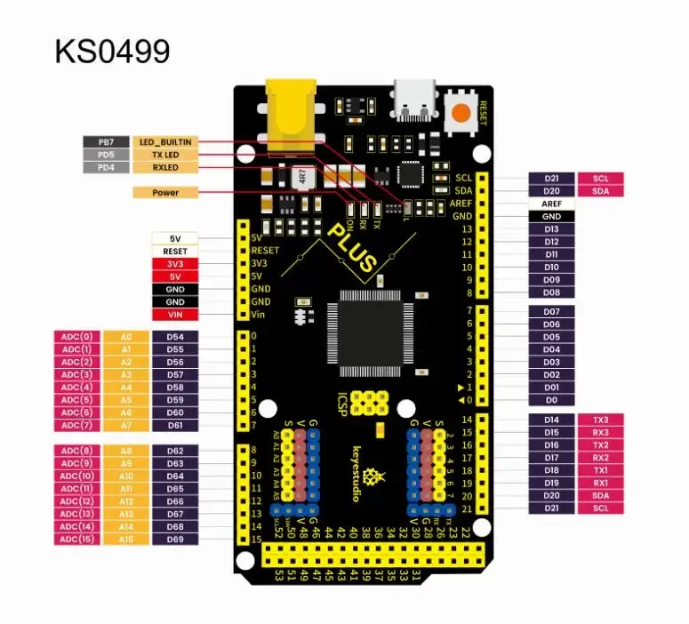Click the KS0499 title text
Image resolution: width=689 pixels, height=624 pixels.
pos(112,52)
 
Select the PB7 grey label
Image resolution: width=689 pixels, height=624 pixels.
pos(106,142)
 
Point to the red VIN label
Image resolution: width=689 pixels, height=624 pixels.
pos(175,315)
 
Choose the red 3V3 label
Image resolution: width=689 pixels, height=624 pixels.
pos(175,264)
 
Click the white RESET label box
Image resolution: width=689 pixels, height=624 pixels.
pos(175,252)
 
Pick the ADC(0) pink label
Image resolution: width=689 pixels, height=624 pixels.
pos(77,337)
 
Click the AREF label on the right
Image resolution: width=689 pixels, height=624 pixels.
pos(551,204)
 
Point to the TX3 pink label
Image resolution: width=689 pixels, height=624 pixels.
pos(601,420)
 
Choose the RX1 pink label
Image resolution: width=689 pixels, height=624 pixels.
pos(601,483)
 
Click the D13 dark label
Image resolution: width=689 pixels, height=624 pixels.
pos(551,229)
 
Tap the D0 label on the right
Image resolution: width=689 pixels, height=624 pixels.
pos(551,400)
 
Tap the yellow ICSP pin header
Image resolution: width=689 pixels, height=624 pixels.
pos(369,403)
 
